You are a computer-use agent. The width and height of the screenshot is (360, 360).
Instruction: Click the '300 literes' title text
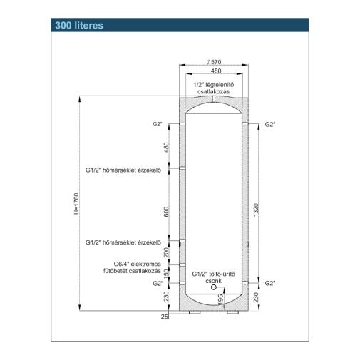coord(79,26)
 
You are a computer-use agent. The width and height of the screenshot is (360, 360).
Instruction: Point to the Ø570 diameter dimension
coord(214,62)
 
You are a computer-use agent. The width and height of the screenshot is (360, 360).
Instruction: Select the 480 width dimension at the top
coord(216,71)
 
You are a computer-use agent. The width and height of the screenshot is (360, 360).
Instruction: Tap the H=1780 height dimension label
coord(76,204)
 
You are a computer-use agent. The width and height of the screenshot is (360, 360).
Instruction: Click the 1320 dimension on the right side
coord(256,210)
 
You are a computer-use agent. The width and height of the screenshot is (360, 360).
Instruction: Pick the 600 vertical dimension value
coord(166,212)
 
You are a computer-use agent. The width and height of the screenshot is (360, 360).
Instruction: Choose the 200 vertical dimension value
coord(166,252)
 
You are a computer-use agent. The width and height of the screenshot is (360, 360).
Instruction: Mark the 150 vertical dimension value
coord(166,272)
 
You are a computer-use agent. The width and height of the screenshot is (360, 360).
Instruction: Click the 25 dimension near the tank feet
coord(165,317)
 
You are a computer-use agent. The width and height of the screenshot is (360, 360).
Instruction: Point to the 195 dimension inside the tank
coord(221,299)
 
